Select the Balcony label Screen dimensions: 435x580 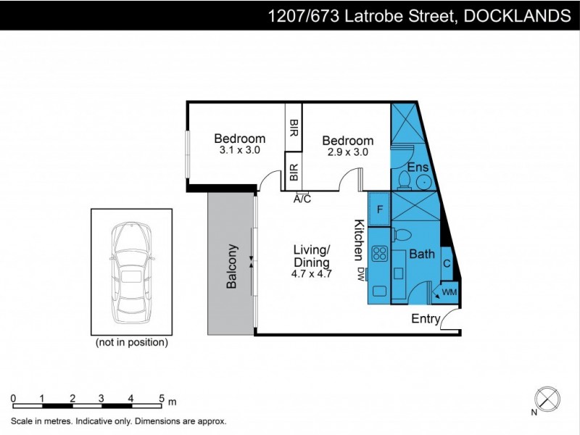click(x=232, y=266)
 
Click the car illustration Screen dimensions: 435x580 click(x=130, y=271)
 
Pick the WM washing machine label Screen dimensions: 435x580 click(x=449, y=292)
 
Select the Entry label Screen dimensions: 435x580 click(x=426, y=319)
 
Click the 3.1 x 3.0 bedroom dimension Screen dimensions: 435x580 click(x=239, y=151)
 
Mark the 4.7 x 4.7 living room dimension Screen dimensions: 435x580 click(x=312, y=274)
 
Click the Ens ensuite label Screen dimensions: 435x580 click(x=415, y=167)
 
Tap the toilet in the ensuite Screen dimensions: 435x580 click(x=402, y=178)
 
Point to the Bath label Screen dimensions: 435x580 click(x=421, y=254)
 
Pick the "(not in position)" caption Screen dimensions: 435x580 click(x=131, y=341)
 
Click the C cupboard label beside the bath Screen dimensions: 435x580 click(x=447, y=264)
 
